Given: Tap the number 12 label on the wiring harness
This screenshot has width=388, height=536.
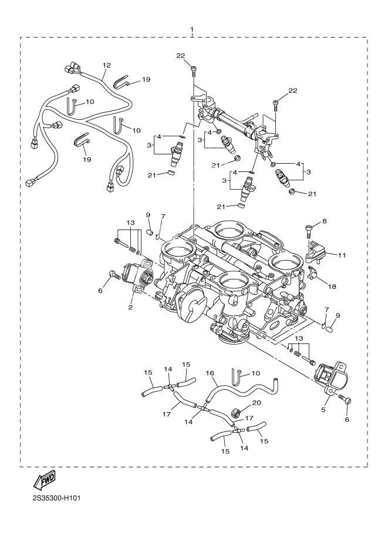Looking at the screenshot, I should (x=106, y=66).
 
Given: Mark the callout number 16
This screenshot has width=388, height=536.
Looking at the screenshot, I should (x=210, y=372).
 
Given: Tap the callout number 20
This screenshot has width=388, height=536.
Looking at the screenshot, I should (x=256, y=403).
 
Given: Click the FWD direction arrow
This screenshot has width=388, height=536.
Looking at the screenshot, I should (x=45, y=482).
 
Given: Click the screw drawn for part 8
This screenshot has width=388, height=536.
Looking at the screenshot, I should (x=309, y=231).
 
